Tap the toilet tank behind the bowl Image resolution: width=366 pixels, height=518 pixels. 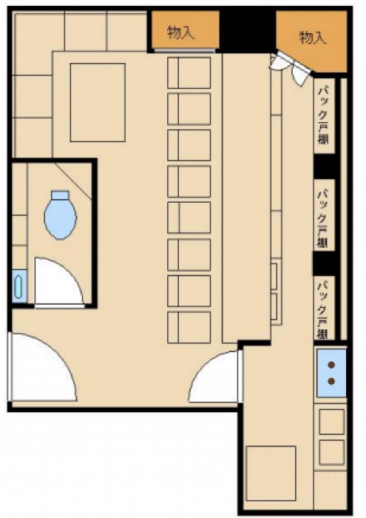pos(61,195)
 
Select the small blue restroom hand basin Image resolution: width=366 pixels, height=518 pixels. pos(18,286)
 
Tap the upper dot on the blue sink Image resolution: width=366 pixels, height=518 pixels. pos(332,365)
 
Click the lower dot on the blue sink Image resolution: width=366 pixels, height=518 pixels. pos(332,381)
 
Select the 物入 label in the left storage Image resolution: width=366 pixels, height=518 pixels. pos(180,33)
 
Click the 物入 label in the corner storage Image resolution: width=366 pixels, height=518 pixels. pos(313,38)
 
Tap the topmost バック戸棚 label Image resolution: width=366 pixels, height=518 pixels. pos(323,115)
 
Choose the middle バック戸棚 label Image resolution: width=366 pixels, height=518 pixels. pos(323,218)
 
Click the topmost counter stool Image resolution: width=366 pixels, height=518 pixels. pos(189,73)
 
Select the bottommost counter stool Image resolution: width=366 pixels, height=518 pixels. pos(189,327)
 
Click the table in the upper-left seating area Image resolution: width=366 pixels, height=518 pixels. pos(98,102)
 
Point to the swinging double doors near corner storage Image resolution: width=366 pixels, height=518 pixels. pos(291,68)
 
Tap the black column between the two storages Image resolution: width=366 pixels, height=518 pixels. pos(248,31)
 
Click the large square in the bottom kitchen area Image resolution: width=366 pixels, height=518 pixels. pos(271,474)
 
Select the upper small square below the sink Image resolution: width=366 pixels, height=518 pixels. pos(332,422)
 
